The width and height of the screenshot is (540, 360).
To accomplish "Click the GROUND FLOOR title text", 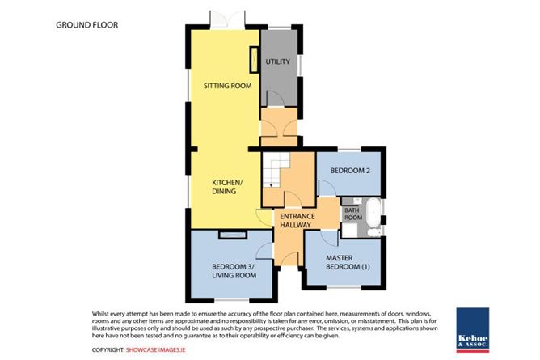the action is pyautogui.click(x=87, y=25).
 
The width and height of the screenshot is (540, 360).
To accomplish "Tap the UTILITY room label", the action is pyautogui.click(x=277, y=61).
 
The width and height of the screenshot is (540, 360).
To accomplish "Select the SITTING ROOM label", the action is pyautogui.click(x=228, y=86).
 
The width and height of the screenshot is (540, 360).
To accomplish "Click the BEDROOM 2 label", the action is pyautogui.click(x=350, y=171).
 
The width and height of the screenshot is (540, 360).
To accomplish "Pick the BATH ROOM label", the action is pyautogui.click(x=353, y=214).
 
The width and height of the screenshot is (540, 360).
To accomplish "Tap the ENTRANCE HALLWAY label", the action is pyautogui.click(x=297, y=221).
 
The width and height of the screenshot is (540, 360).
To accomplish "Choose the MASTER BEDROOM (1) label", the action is pyautogui.click(x=348, y=262).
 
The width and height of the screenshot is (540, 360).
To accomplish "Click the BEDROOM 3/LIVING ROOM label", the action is pyautogui.click(x=234, y=271).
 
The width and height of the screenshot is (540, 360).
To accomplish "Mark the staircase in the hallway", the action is pyautogui.click(x=276, y=171).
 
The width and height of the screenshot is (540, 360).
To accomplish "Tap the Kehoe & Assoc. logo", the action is pyautogui.click(x=472, y=330).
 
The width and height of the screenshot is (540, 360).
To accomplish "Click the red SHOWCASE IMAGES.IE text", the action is pyautogui.click(x=156, y=349).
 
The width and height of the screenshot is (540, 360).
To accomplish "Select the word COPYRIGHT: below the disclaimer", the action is pyautogui.click(x=108, y=349).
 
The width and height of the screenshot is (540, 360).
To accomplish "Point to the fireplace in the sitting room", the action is pyautogui.click(x=254, y=60).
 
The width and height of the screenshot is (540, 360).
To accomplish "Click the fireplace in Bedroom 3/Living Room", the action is pyautogui.click(x=233, y=235).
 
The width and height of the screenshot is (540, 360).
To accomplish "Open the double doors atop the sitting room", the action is pyautogui.click(x=228, y=19).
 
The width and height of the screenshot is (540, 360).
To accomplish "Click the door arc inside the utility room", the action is pyautogui.click(x=276, y=98).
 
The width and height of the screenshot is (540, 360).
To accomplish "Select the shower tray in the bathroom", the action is pyautogui.click(x=349, y=230).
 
